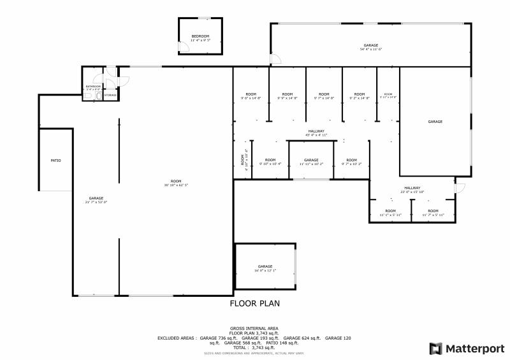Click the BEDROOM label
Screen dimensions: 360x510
tap(200, 36)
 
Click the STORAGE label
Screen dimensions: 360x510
tap(110, 95)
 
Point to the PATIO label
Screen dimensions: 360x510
tap(56, 160)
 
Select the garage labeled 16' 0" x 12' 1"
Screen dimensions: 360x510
tap(265, 268)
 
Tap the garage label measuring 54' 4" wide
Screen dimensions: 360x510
tap(371, 47)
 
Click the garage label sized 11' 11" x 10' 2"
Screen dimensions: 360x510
tap(311, 162)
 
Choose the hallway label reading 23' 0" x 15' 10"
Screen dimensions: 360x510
tap(412, 189)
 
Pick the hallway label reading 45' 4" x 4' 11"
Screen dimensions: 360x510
tap(316, 133)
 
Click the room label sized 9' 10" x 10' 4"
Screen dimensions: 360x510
tap(270, 162)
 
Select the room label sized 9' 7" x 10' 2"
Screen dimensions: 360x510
tap(351, 162)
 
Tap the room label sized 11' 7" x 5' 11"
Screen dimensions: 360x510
tap(433, 213)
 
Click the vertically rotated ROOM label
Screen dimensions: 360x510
tap(243, 159)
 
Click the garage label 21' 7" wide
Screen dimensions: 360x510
tap(96, 199)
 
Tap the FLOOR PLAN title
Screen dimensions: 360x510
tap(254, 304)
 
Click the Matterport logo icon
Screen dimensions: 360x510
tap(436, 349)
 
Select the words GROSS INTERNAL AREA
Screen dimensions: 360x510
tap(254, 328)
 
